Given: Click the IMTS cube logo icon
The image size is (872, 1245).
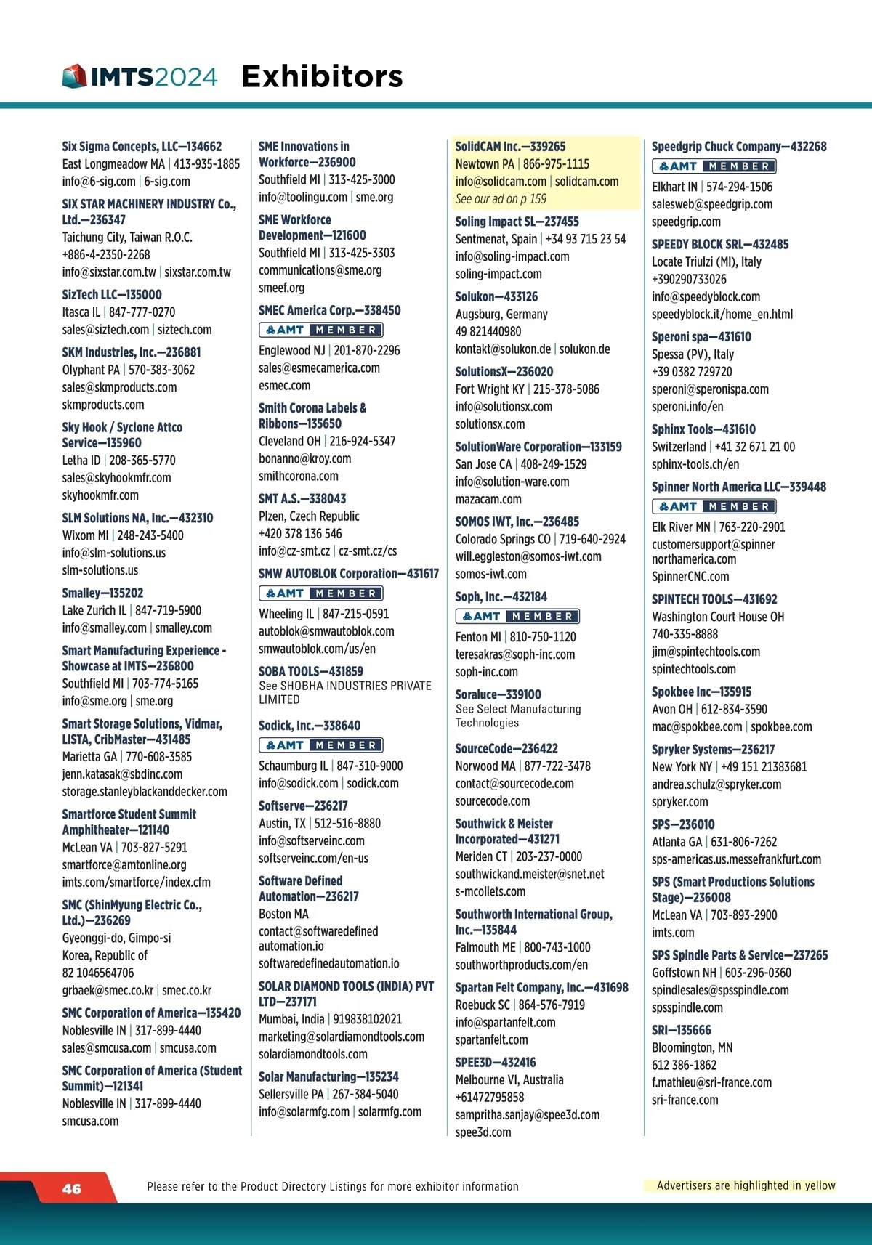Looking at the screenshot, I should (75, 76).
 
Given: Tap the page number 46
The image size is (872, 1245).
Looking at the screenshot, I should (72, 1189).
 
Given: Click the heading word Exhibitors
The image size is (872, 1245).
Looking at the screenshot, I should (322, 76).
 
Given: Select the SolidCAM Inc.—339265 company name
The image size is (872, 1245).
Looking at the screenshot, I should (510, 146).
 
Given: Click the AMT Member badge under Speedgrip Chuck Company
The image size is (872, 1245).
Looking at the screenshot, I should (714, 166).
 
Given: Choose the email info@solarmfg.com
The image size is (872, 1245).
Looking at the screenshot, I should (304, 1112).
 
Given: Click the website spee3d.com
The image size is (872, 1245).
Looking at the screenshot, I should (483, 1132).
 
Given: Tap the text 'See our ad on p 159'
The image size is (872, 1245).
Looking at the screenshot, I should (501, 199).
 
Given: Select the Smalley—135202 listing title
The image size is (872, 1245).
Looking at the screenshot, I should (102, 593).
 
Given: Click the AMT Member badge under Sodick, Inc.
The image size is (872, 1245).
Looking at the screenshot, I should (320, 745).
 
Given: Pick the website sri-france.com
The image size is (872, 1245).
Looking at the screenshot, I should (685, 1100).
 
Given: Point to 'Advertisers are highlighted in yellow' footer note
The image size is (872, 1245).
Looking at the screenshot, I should (746, 1185).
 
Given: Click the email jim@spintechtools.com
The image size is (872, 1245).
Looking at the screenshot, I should (706, 652).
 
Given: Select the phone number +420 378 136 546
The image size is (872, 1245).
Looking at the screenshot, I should (300, 534).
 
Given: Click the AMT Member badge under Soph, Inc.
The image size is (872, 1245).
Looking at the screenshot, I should (517, 617).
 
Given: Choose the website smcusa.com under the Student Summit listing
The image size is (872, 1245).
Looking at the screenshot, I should (90, 1121).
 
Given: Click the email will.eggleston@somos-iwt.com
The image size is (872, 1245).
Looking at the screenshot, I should (528, 556).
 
